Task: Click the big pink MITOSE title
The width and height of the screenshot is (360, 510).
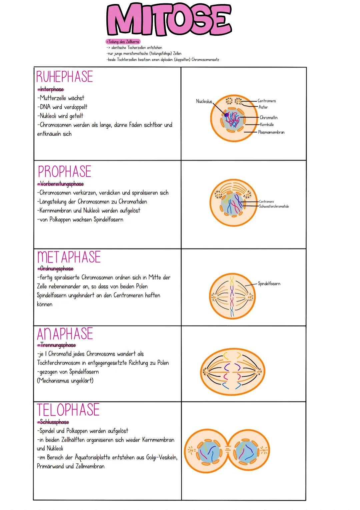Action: coord(169,20)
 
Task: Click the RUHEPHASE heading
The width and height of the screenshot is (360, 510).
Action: coord(64,77)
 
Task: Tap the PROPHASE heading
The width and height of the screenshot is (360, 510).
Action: coord(64,172)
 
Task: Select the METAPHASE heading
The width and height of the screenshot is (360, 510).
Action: coord(69,257)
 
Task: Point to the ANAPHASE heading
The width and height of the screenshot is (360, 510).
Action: coord(65,334)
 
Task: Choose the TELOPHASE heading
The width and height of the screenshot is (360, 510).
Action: coord(68,410)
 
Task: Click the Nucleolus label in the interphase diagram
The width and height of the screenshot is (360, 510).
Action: coord(204,101)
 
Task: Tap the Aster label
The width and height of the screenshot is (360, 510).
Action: coord(263,107)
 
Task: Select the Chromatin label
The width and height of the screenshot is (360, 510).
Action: coord(269,118)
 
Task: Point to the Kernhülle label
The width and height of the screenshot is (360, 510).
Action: coord(267,125)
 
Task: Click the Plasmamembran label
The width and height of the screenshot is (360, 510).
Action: coord(271,132)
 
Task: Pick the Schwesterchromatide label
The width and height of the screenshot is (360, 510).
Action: coord(274,206)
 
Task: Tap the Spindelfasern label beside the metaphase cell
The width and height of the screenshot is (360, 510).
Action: coord(269,284)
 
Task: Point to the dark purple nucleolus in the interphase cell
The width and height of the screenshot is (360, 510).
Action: coord(226,115)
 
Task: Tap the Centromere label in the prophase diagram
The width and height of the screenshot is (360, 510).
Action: coord(266,202)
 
